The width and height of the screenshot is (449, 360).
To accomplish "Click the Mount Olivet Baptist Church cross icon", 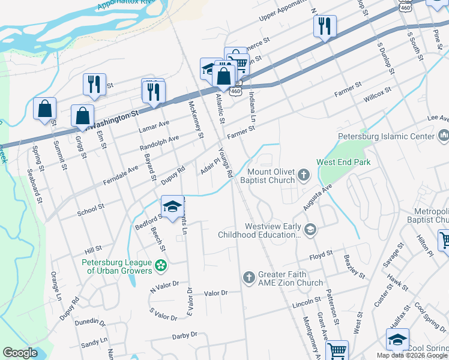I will [x=304, y=175].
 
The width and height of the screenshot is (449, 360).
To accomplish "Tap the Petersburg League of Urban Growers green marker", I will [x=160, y=265].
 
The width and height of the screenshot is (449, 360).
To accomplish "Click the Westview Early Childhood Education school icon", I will [x=310, y=229].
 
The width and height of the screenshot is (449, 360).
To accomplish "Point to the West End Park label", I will [x=343, y=162].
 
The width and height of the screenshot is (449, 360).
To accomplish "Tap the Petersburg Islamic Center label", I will [x=385, y=137].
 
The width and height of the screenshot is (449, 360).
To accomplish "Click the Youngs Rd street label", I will [x=226, y=162].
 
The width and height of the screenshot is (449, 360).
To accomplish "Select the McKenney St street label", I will [x=196, y=119].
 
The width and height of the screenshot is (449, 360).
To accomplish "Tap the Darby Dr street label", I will [x=184, y=335].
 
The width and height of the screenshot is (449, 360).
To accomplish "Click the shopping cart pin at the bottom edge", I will [x=337, y=350].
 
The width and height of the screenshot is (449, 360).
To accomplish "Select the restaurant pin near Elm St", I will [x=94, y=85].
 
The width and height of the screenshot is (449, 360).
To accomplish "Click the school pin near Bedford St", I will [x=172, y=206].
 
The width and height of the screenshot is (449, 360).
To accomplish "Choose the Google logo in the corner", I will [x=20, y=353].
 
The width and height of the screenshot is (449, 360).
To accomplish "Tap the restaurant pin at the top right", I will [x=324, y=26].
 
